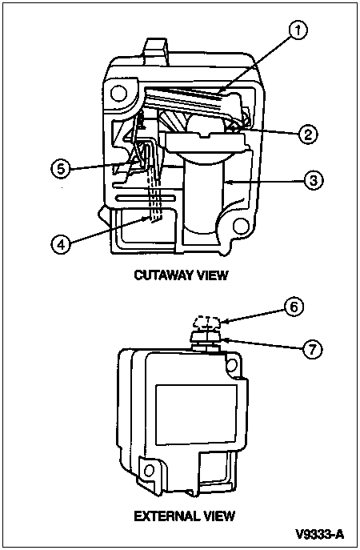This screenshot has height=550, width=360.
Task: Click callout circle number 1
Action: pos(298,30)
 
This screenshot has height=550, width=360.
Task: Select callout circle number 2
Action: pos(307,134)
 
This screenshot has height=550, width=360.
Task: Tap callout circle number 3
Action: pos(313,180)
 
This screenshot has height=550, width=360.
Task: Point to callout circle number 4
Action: pos(61,244)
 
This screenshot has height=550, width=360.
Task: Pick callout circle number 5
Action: pos(61,170)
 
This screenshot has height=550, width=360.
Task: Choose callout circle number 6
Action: pos(294,307)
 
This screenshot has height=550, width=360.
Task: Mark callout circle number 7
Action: pos(312,349)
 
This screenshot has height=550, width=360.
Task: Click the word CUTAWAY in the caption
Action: pos(163,275)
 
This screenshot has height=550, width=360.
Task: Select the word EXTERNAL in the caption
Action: pos(164,516)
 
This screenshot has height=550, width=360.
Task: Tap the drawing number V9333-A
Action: pos(320,534)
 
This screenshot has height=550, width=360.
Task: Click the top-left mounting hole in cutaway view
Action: pos(118,93)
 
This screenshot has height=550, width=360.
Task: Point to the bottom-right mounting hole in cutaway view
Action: pos(241,225)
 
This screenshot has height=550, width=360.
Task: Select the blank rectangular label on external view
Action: pos(196,414)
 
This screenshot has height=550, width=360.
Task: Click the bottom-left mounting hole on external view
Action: pos(150,470)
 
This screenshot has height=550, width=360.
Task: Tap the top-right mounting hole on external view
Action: pos(230,365)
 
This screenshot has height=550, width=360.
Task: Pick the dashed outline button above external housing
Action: pos(207,322)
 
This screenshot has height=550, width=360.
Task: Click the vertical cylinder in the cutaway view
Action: pos(204,196)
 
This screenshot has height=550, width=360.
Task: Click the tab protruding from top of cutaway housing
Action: pos(154,51)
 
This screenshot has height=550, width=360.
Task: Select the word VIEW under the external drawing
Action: pos(216,516)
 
